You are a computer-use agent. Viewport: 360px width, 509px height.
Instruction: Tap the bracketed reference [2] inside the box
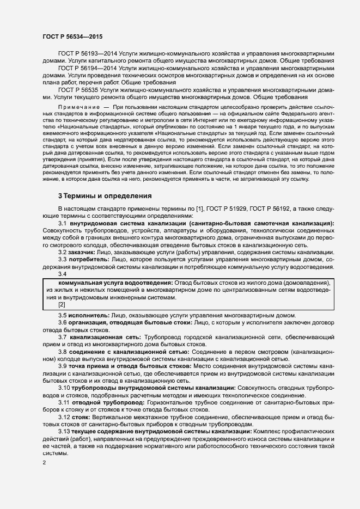[62, 304]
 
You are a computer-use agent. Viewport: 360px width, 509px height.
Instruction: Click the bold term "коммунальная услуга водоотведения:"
[116, 283]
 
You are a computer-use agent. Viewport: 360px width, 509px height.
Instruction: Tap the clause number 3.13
[64, 431]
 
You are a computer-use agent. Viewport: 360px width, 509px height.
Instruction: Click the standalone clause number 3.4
[63, 273]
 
